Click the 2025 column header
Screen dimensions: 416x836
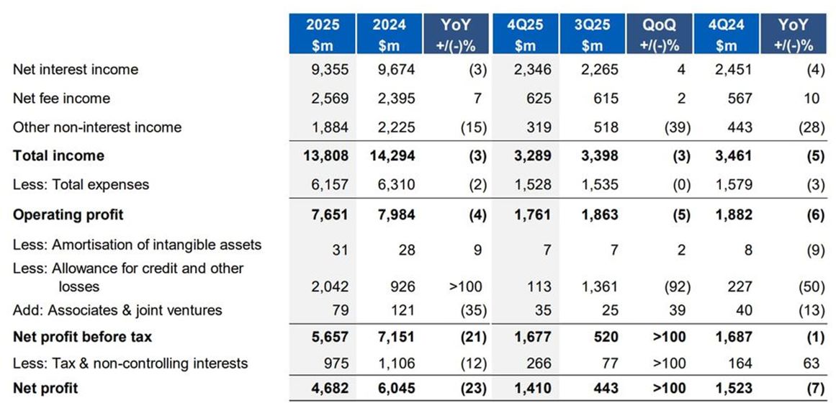[x=322, y=34]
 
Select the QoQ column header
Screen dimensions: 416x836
[x=659, y=34]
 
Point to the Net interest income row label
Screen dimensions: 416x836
[x=76, y=70]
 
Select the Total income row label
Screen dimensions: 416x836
[x=58, y=155]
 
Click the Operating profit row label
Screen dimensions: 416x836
[x=68, y=214]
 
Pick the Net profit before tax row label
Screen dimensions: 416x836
[x=83, y=337]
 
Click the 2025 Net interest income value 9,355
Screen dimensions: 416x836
[x=330, y=70]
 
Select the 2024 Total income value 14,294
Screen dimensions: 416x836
[x=393, y=155]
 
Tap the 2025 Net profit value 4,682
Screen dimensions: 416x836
[x=329, y=389]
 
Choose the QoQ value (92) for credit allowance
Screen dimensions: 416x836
[x=675, y=286]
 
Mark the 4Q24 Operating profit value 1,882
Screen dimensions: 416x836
[x=733, y=214]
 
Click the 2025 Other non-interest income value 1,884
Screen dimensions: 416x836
[x=330, y=127]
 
